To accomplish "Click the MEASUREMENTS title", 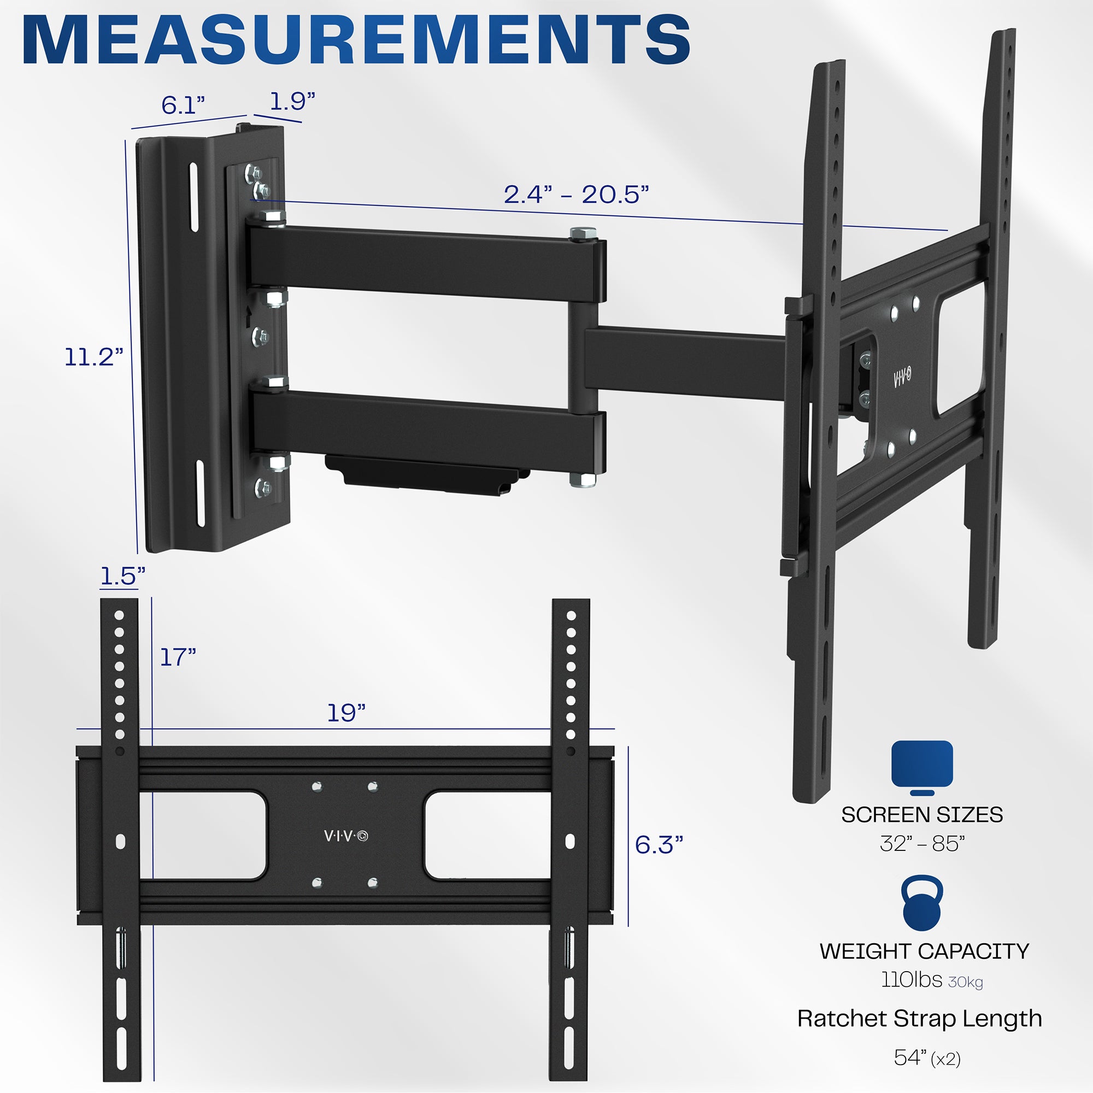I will tap(356, 41).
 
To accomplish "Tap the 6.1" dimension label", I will tap(183, 105).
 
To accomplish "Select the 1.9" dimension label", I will tap(292, 101).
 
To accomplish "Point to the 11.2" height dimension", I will tap(93, 357).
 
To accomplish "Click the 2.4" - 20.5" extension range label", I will tap(576, 195).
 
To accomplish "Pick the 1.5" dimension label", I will tap(122, 576).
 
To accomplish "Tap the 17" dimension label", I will tap(178, 657).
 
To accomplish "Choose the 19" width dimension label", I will tap(346, 713).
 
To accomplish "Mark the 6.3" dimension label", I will tap(659, 845).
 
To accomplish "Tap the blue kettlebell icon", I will tap(922, 903).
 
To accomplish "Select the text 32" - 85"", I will tap(922, 843).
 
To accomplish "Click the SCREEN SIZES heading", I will tap(922, 815).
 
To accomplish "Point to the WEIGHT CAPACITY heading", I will tap(924, 951).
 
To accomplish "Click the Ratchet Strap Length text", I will tap(919, 1018).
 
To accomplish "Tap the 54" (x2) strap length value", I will tap(927, 1057).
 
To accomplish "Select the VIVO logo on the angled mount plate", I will tap(902, 377).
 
